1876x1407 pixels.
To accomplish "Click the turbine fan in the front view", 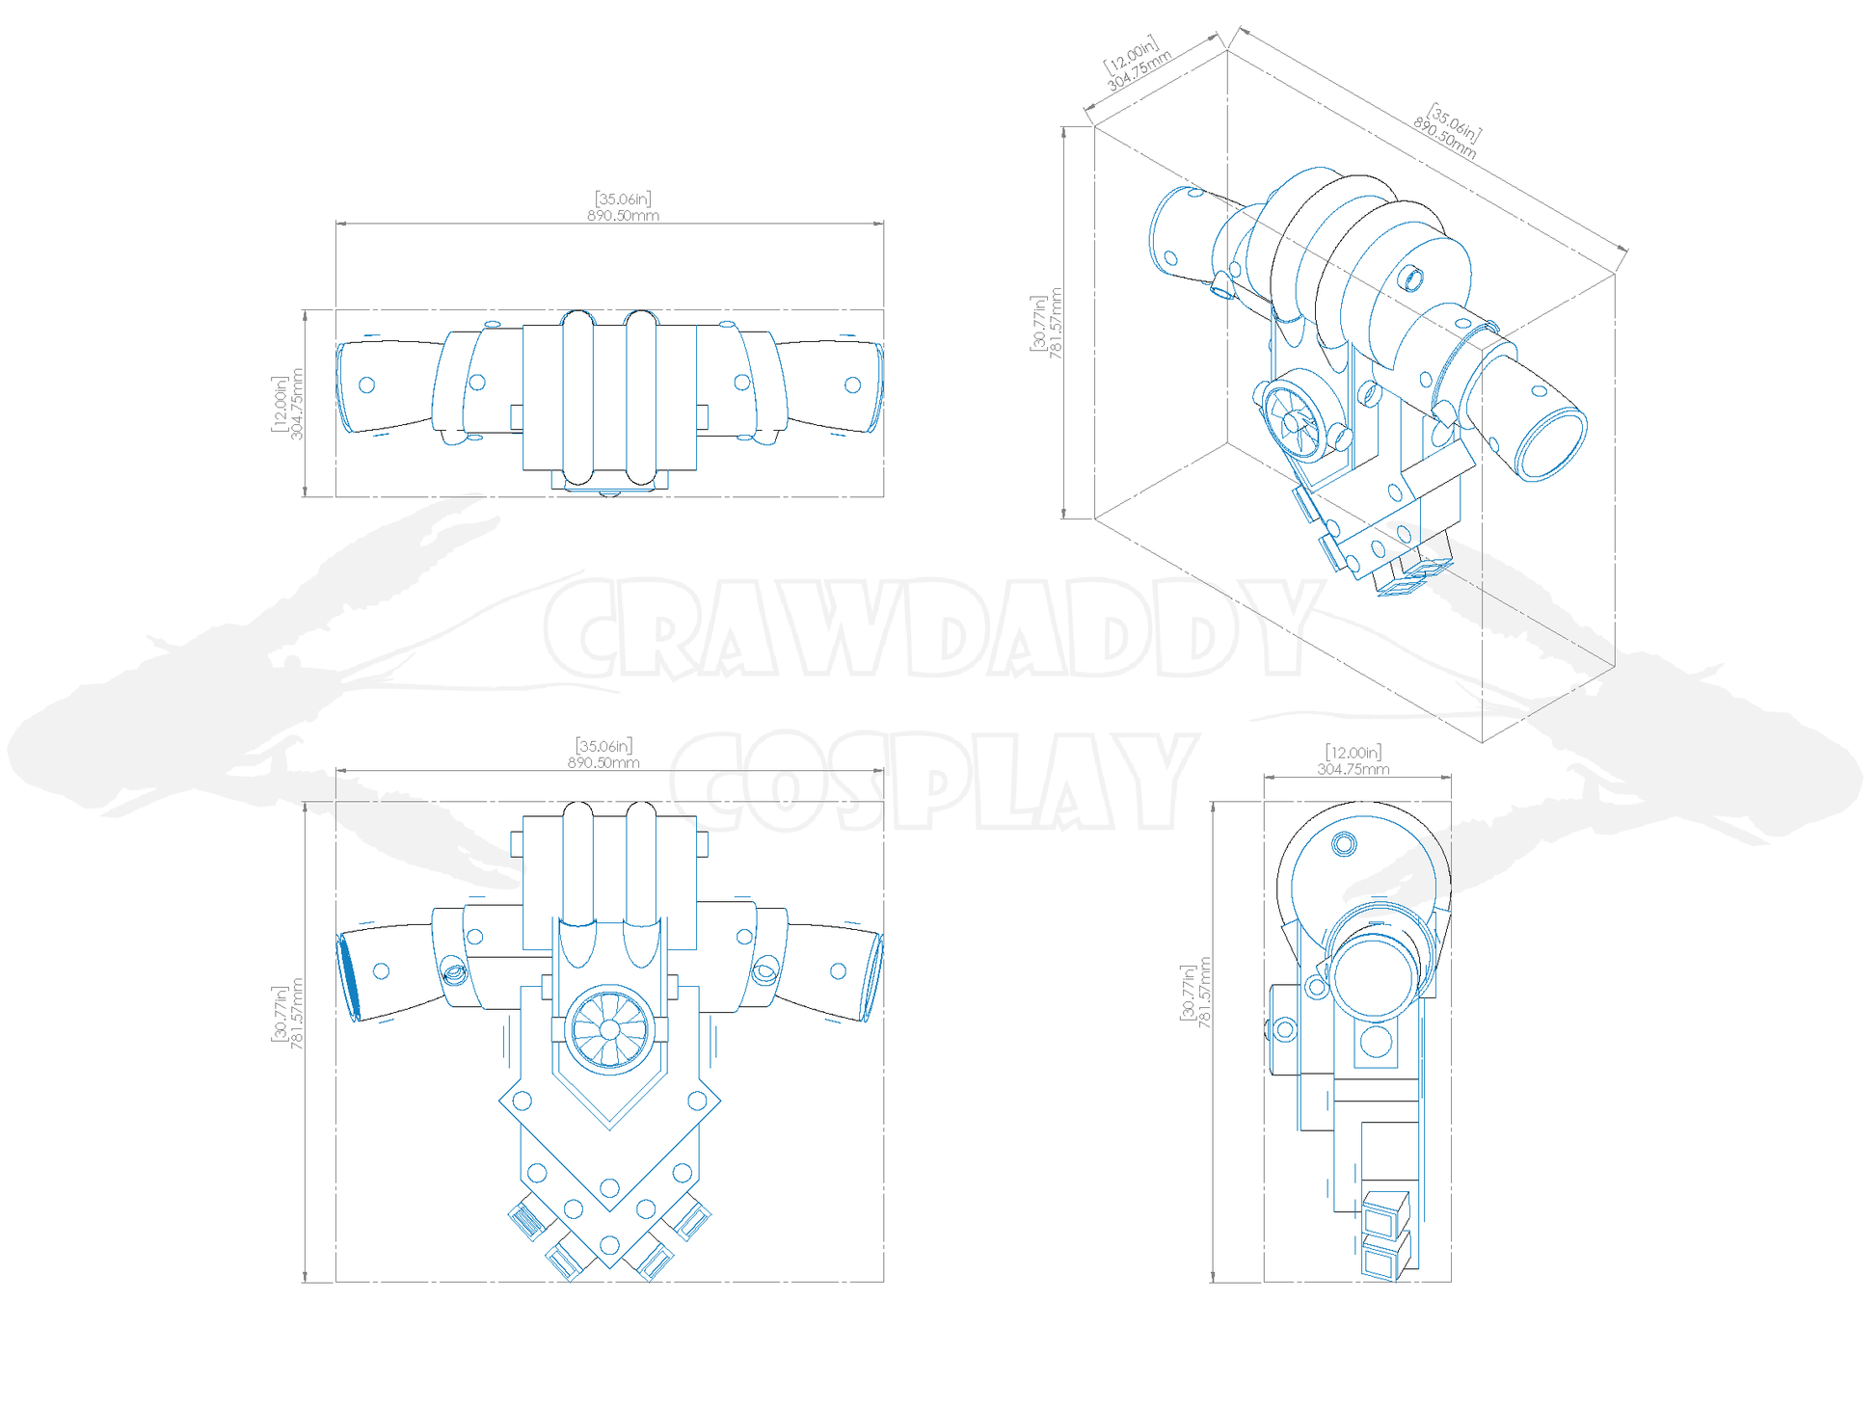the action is click(609, 1029).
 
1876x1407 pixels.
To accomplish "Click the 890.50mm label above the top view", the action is click(624, 216).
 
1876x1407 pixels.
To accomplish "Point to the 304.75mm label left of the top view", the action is click(297, 404).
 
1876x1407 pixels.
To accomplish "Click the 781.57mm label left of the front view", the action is click(297, 1014).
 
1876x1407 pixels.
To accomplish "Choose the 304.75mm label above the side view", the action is click(1353, 769).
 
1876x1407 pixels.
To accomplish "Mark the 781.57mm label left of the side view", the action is click(1205, 993).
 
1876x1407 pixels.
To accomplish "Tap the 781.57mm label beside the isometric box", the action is click(1056, 324).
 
